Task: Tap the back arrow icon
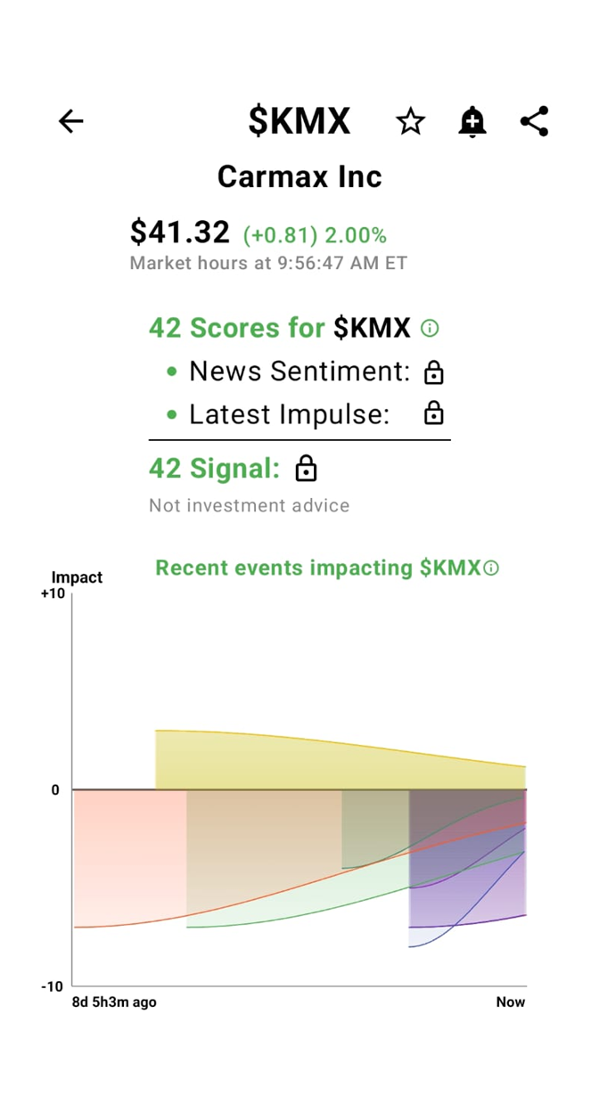(70, 121)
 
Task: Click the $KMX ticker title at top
(299, 121)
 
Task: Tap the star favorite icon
(410, 121)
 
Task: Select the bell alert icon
(472, 121)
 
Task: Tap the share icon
(534, 121)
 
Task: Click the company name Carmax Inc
(299, 176)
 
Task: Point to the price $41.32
(180, 233)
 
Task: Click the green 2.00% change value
(355, 235)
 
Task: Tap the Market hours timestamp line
(268, 263)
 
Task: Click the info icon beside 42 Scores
(430, 329)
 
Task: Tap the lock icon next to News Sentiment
(434, 372)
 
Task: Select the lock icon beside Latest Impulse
(434, 413)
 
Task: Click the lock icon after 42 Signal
(306, 469)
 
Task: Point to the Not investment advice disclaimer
(249, 505)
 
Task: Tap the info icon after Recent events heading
(491, 568)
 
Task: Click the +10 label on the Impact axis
(53, 594)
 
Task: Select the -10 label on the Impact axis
(53, 986)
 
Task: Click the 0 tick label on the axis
(54, 790)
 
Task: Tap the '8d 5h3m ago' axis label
(114, 1002)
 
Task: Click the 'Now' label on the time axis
(511, 1002)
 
